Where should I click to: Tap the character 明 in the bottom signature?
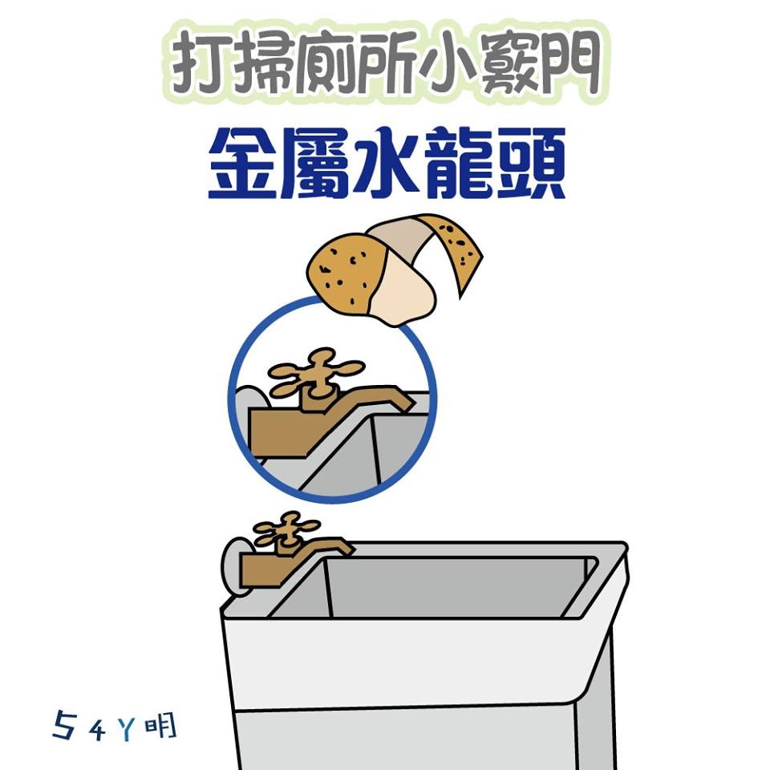[161, 727]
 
